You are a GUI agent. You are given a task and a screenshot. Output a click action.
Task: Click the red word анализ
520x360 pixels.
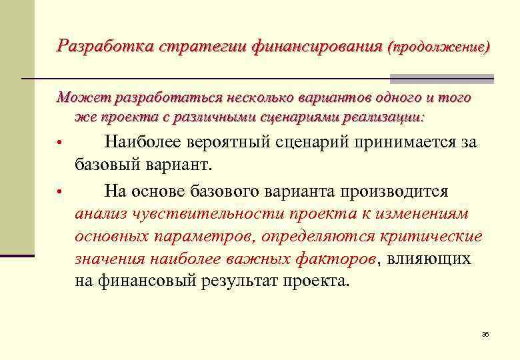tap(102, 214)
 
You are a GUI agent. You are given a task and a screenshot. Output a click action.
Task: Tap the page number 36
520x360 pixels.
tap(485, 333)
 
